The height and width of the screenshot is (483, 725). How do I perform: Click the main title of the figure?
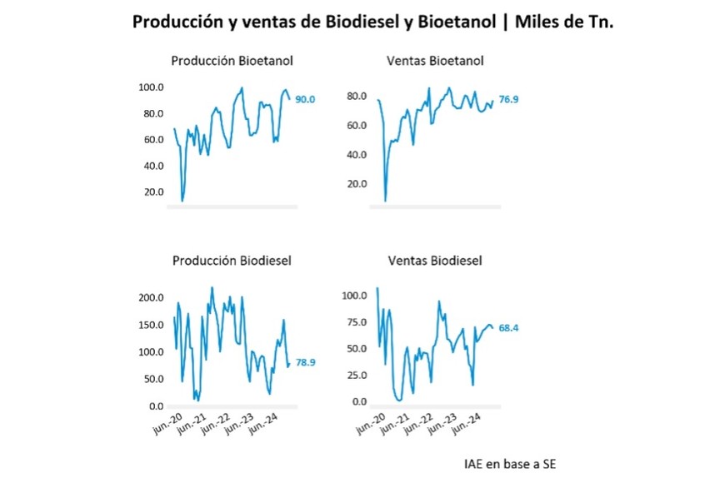click(x=372, y=22)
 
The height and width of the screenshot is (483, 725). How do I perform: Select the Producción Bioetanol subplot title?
click(x=232, y=61)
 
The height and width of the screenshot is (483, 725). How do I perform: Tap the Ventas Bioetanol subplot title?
click(x=435, y=61)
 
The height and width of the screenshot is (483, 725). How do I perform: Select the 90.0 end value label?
click(x=306, y=100)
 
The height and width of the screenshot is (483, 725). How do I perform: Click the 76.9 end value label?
click(x=508, y=100)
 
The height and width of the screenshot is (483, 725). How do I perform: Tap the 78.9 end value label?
click(x=306, y=362)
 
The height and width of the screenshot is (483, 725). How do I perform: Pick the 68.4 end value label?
click(x=510, y=328)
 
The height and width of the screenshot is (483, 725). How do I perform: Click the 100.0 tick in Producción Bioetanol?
click(x=151, y=87)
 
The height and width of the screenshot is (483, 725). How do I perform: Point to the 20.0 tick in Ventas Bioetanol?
click(x=357, y=184)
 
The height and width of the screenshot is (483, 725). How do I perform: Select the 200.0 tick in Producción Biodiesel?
click(x=150, y=297)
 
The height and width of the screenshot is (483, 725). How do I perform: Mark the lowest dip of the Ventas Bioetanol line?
click(x=385, y=201)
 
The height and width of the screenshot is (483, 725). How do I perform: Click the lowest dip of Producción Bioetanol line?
click(x=182, y=201)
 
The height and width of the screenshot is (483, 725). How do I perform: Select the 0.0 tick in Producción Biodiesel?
click(x=155, y=406)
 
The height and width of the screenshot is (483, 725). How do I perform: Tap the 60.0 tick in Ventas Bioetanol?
click(x=357, y=126)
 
